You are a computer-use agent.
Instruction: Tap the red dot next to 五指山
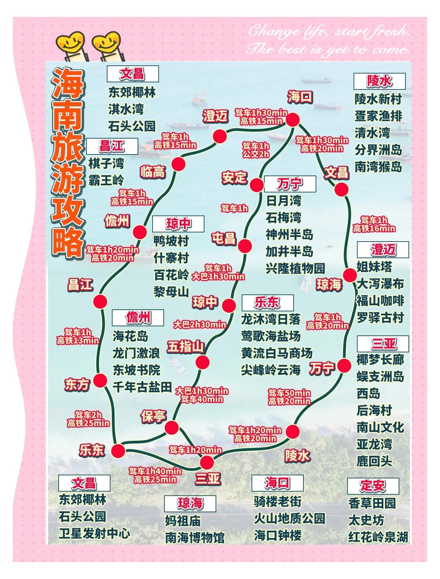(202, 362)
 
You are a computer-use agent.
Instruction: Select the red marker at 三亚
(207, 462)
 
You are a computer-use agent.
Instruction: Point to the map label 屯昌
(223, 238)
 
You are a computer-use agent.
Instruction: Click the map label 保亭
(154, 416)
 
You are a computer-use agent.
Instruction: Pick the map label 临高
(153, 172)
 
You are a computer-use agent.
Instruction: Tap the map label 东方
(77, 385)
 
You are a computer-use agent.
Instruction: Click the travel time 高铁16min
(374, 229)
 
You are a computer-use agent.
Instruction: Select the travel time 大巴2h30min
(200, 325)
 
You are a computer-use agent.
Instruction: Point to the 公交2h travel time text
(256, 154)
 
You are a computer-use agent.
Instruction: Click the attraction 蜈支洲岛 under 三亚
(380, 376)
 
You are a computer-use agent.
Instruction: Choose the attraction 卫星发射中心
(94, 534)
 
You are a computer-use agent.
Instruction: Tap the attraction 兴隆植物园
(295, 268)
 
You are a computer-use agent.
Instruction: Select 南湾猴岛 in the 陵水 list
(378, 167)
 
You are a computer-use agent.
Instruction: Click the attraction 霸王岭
(106, 180)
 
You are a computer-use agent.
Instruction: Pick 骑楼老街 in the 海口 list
(277, 501)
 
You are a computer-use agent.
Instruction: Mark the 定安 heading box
(373, 486)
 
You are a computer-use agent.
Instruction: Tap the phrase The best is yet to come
(327, 49)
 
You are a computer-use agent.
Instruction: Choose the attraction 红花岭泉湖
(378, 537)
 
